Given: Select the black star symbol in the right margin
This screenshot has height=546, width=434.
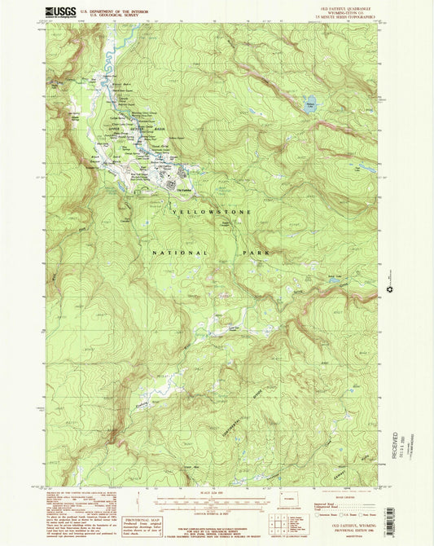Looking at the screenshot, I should click(x=390, y=288).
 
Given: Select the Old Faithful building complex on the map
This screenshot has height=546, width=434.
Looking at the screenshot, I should click(x=173, y=186).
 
